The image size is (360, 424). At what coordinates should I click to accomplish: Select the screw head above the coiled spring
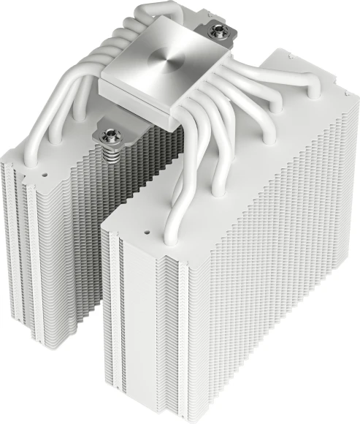click(106, 135)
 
